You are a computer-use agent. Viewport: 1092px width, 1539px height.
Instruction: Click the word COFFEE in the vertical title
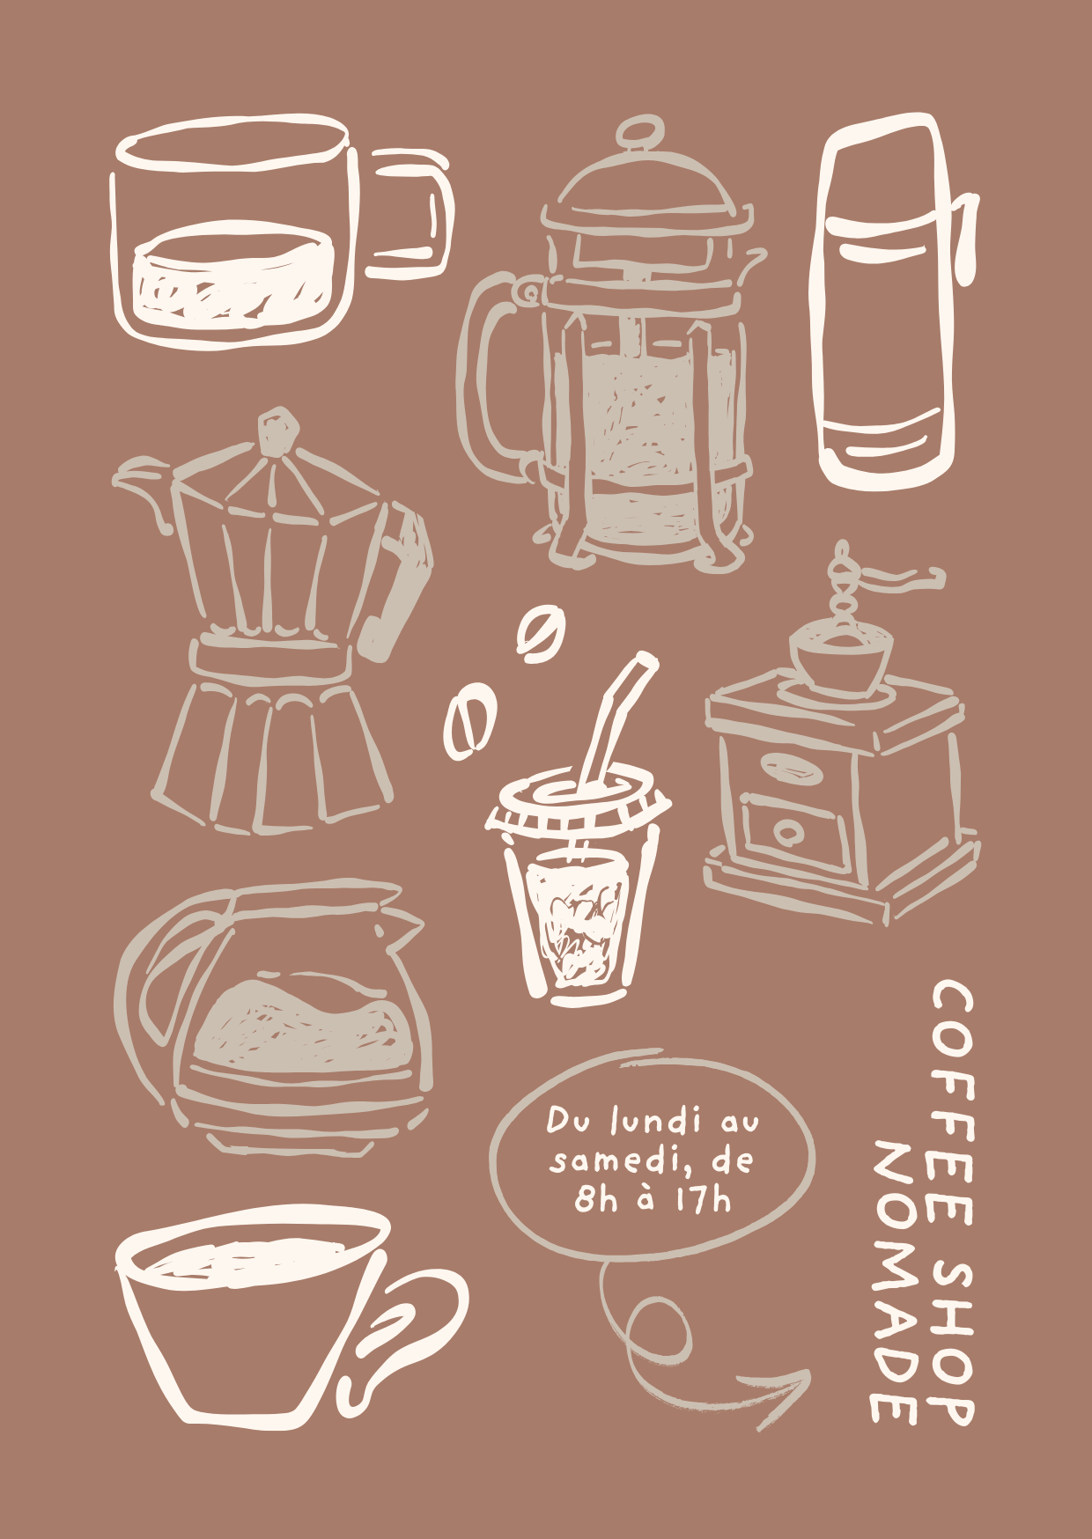951,1104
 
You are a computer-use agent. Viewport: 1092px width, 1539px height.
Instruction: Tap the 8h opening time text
596,1199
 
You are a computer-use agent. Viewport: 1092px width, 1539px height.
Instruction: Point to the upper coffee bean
539,633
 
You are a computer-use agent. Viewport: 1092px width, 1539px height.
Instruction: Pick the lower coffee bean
469,720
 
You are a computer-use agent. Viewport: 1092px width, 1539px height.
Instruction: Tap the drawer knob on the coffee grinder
787,830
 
